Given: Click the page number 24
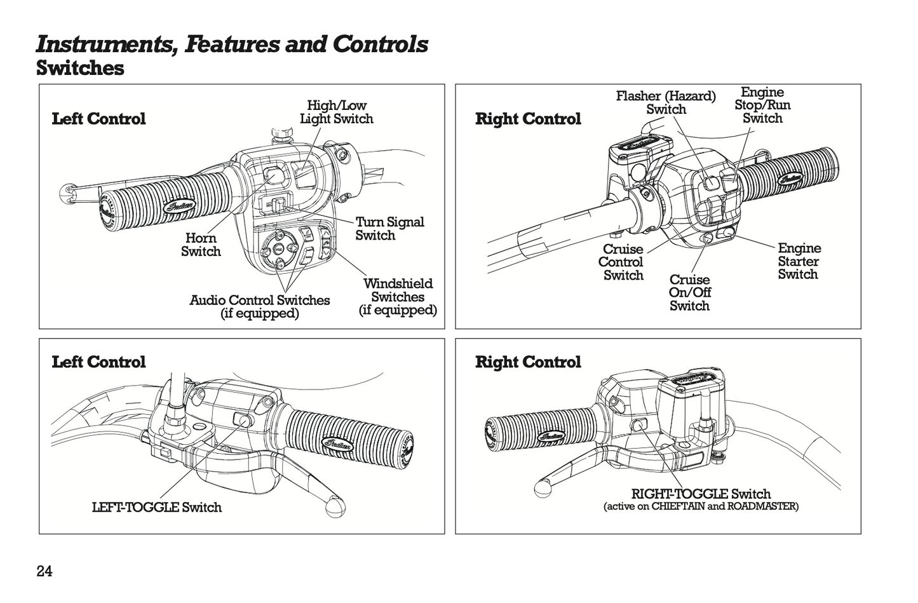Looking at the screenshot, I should point(44,571).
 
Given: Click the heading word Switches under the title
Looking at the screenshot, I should point(80,68).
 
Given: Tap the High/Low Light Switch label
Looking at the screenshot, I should point(336,112).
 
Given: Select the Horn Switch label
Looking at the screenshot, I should point(201,245).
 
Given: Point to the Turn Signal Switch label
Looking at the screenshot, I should point(389,229).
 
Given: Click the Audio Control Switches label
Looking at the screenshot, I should point(259,306).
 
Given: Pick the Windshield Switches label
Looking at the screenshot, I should point(398,297).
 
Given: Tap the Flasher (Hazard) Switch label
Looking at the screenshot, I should point(665,102).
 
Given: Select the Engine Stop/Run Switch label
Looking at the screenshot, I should point(762,105).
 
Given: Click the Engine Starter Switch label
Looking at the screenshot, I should point(799,261).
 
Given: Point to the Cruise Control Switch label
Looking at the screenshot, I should point(622,262).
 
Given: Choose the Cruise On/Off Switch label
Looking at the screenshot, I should point(689,293).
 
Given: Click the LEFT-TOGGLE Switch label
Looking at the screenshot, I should point(157,507).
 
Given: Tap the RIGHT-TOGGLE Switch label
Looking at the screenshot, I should point(700,494).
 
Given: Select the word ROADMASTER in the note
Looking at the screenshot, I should point(761,506).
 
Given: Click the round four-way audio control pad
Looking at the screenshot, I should point(278,250).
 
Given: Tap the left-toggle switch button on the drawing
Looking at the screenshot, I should point(243,419).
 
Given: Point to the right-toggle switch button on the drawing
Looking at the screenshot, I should point(639,426).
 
